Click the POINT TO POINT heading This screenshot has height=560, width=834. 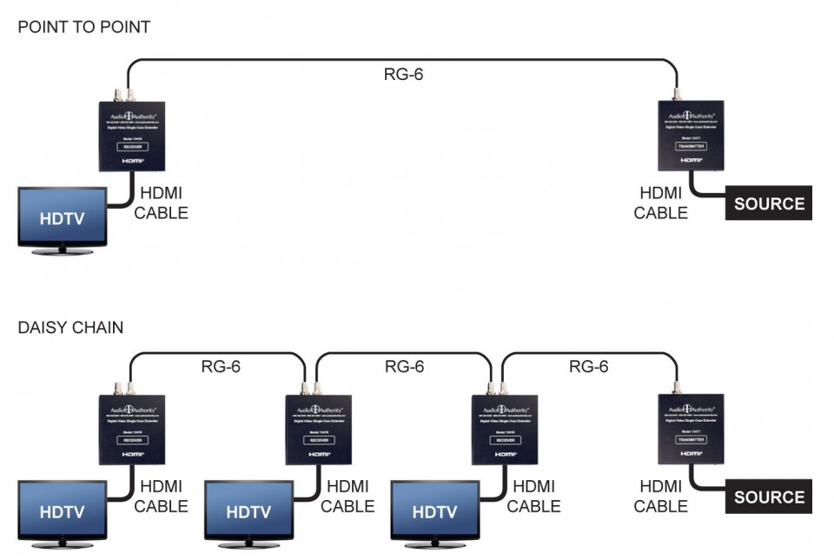pyautogui.click(x=83, y=27)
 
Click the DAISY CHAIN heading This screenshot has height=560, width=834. pyautogui.click(x=69, y=328)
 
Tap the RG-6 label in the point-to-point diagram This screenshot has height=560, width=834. pyautogui.click(x=403, y=75)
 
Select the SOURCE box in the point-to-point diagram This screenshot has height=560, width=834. pyautogui.click(x=769, y=203)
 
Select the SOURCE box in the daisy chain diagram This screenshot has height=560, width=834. pyautogui.click(x=769, y=497)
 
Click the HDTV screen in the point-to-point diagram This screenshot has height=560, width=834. pyautogui.click(x=63, y=217)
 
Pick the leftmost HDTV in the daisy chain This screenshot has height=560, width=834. pyautogui.click(x=63, y=511)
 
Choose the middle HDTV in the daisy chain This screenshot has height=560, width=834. pyautogui.click(x=248, y=511)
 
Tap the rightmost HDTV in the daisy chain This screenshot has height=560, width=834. pyautogui.click(x=435, y=511)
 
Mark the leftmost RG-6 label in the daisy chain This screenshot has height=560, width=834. pyautogui.click(x=220, y=367)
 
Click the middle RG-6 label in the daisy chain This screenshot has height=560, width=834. pyautogui.click(x=404, y=367)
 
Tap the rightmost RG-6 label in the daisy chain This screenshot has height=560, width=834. pyautogui.click(x=588, y=367)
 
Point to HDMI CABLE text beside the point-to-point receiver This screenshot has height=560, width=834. pyautogui.click(x=161, y=203)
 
